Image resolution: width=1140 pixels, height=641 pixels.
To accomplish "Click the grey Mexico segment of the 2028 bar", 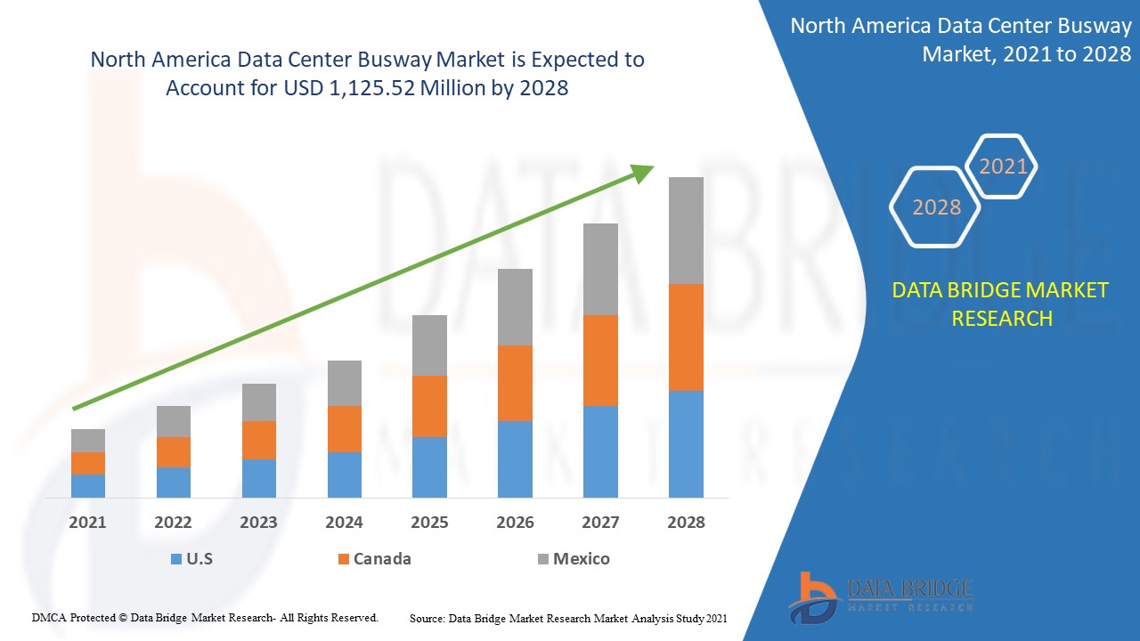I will (686, 231).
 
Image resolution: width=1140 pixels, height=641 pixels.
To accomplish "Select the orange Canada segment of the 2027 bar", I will (600, 361).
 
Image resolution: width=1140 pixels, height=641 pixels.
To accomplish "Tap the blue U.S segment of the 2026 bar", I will (515, 458).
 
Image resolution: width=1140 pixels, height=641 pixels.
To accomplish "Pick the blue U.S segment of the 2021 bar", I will (88, 485).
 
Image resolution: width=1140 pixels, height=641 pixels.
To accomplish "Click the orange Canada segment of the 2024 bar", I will (345, 429).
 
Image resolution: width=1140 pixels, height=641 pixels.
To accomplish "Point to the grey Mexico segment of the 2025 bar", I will (429, 345).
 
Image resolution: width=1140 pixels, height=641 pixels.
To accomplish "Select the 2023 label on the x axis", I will (258, 523).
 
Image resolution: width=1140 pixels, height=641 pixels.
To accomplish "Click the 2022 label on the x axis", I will (173, 523).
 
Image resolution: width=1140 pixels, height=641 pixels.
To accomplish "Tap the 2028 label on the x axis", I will (686, 523).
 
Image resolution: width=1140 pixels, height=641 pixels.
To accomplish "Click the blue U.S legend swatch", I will (175, 559).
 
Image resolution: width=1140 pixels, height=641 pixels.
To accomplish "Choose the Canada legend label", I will (382, 559).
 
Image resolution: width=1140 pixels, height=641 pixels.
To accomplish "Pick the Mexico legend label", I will (581, 559).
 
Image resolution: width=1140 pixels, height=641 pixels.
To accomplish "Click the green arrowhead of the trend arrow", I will (643, 173).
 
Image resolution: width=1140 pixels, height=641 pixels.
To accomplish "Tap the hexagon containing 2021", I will (1003, 166).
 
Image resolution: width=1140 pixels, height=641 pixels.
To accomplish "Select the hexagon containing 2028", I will (936, 207).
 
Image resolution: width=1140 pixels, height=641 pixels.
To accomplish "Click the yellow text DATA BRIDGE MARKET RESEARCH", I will (1001, 304).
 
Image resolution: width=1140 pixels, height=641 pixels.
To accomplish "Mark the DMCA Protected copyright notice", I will (205, 617).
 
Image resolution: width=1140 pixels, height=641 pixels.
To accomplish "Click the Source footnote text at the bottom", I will (568, 618).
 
